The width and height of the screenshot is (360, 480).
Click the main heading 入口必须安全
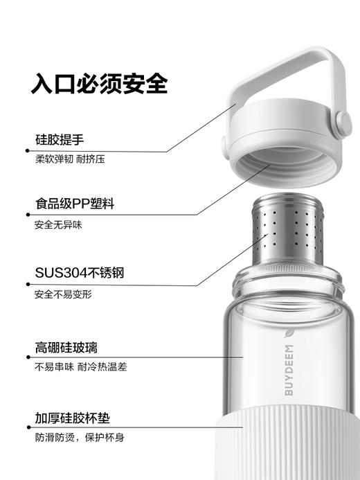click(x=99, y=84)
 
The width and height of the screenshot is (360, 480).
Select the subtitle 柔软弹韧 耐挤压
click(x=70, y=159)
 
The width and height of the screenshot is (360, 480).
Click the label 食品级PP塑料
click(x=74, y=204)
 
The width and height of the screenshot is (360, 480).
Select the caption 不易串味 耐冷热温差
click(x=80, y=367)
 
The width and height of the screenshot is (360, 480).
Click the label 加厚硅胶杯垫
click(x=72, y=418)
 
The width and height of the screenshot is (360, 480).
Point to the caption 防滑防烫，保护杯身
click(x=80, y=438)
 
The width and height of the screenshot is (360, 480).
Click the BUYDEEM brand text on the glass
click(x=289, y=370)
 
